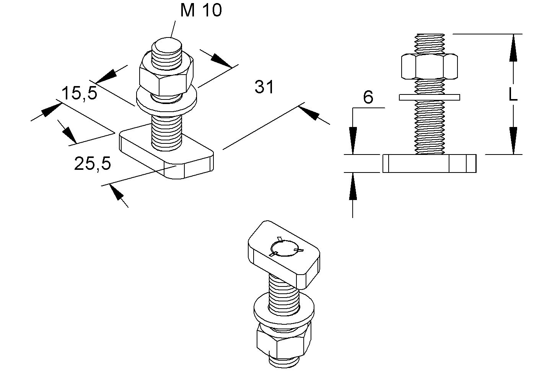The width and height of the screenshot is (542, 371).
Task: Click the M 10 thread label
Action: (201, 10)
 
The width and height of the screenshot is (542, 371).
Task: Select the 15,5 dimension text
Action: (80, 93)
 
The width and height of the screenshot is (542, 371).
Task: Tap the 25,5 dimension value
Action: (93, 164)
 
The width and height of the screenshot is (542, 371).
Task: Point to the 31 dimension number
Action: (264, 87)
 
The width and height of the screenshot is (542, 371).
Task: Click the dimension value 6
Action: (368, 98)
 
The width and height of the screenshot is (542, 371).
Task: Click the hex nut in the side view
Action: (430, 67)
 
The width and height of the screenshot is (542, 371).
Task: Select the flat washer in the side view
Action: (430, 97)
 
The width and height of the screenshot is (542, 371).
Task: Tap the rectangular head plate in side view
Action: (430, 163)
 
